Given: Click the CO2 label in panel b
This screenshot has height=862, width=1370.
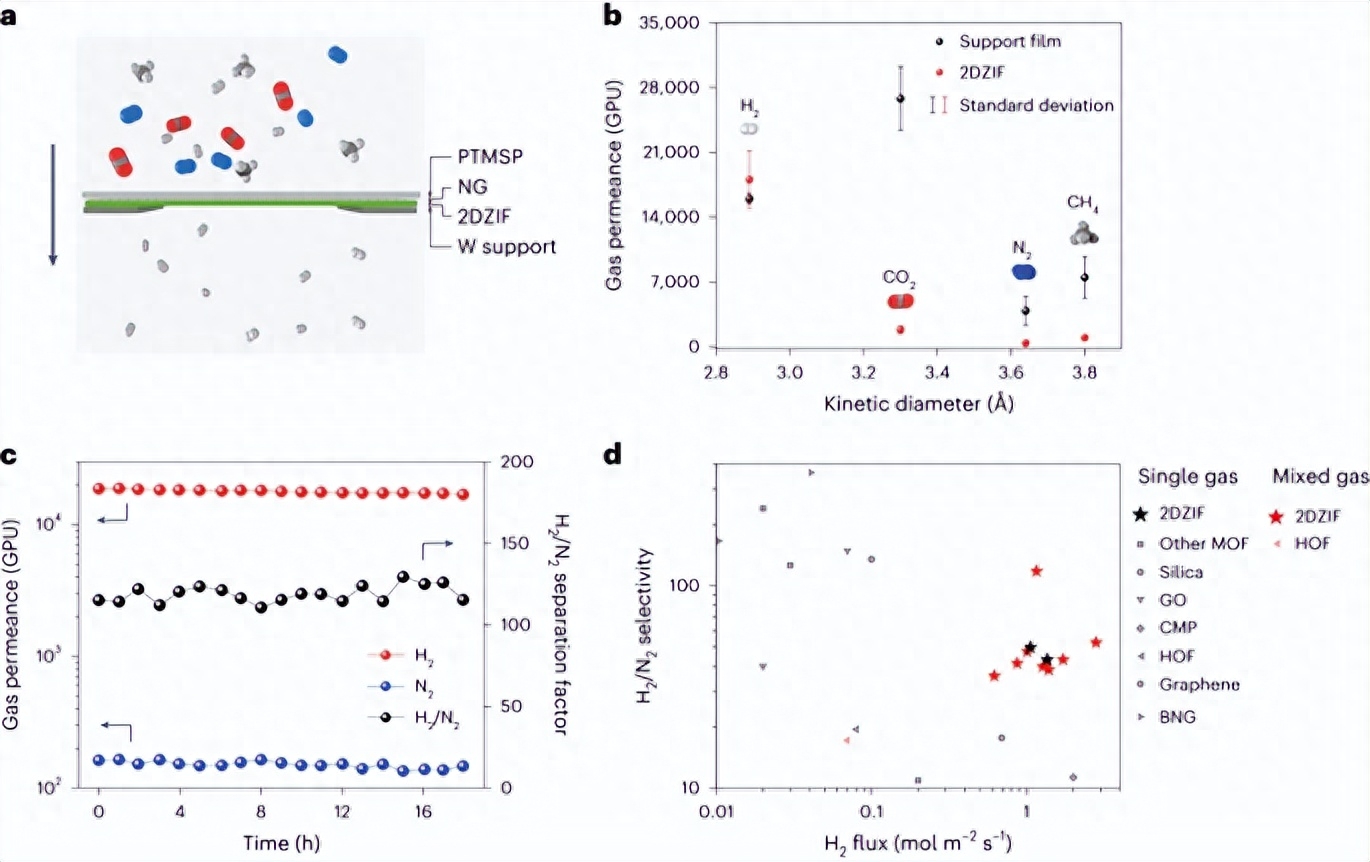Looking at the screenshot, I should coord(899,275).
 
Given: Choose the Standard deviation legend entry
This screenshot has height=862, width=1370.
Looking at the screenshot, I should coord(1036,105).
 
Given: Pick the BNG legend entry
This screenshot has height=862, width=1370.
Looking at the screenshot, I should coord(1176,716).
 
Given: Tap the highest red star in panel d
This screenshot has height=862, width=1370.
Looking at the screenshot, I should coord(1037,570).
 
